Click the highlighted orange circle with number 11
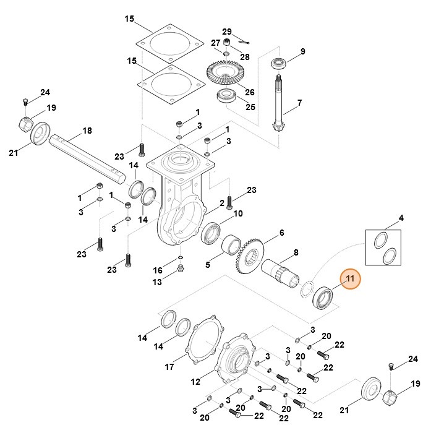(x=350, y=280)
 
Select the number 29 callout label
(x=227, y=32)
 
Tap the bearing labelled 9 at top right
(x=280, y=64)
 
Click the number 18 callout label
(x=87, y=131)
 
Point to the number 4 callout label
(x=401, y=218)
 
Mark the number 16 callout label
(x=158, y=270)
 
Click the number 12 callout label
(x=196, y=381)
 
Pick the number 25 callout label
(x=250, y=107)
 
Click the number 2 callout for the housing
(x=222, y=203)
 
